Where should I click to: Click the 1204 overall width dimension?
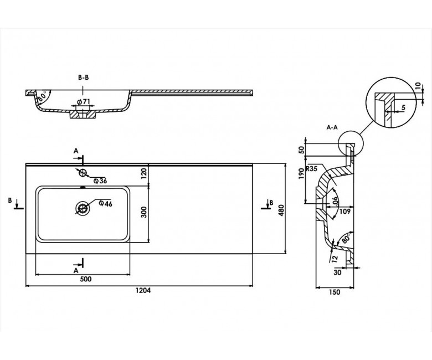click(x=143, y=290)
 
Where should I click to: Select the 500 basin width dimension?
click(x=85, y=279)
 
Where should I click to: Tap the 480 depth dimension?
click(x=281, y=210)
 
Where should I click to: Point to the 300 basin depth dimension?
click(x=144, y=212)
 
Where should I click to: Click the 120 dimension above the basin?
click(x=144, y=173)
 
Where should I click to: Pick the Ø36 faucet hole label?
click(x=100, y=181)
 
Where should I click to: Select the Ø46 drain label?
click(x=105, y=204)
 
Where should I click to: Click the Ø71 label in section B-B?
click(x=84, y=102)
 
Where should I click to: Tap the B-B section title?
click(x=83, y=78)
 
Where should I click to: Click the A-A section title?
click(x=332, y=127)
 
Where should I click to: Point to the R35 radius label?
click(x=312, y=169)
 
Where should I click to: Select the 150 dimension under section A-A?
click(x=335, y=292)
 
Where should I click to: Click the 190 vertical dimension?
click(x=301, y=173)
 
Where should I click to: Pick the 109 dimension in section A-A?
click(x=344, y=211)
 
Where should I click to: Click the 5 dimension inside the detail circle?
click(x=403, y=107)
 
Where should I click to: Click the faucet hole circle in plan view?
click(x=83, y=173)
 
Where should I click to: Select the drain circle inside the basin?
click(x=83, y=208)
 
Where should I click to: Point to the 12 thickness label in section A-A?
click(x=335, y=259)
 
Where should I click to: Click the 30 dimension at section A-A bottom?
click(x=337, y=272)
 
